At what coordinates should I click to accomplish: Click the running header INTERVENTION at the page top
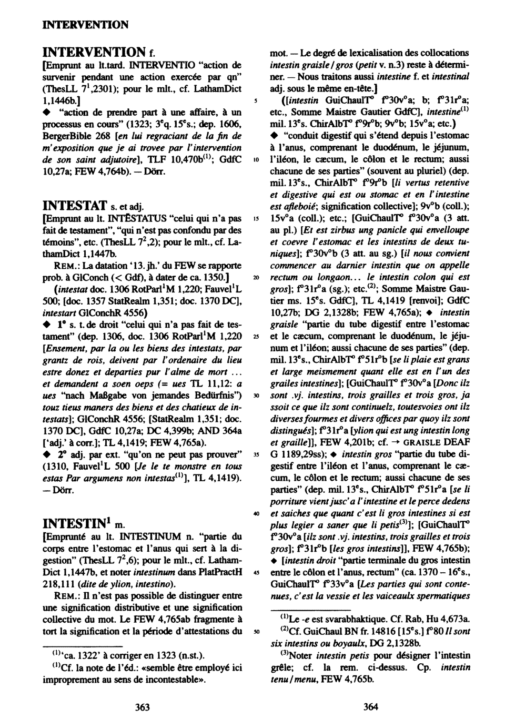pyautogui.click(x=85, y=25)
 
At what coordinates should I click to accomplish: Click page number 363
pyautogui.click(x=142, y=707)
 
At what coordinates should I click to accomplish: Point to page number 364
pyautogui.click(x=371, y=707)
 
